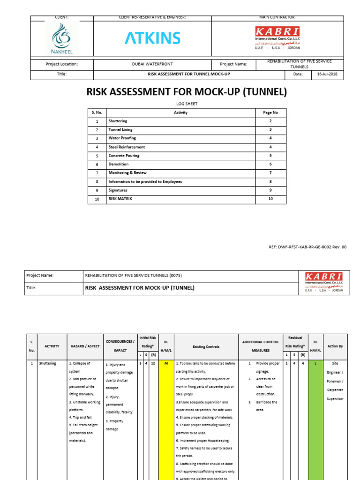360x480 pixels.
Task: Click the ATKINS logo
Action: coord(152,38)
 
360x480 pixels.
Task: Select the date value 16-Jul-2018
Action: coord(331,75)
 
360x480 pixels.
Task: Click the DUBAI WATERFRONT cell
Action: coord(152,64)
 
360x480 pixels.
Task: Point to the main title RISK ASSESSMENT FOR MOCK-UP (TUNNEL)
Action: coord(187,92)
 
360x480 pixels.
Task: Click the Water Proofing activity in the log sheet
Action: coord(122,138)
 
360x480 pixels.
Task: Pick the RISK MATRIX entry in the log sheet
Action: coord(120,199)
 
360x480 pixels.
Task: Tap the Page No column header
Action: coord(270,112)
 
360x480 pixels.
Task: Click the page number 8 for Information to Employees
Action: coord(270,181)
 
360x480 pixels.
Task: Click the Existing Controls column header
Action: coord(206,347)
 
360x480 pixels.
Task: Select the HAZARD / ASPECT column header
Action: coord(84,346)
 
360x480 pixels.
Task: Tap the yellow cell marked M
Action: coord(165,363)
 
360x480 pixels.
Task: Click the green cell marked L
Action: coord(315,363)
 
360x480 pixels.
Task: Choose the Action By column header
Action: coord(335,346)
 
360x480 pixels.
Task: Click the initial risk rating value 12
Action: coord(153,363)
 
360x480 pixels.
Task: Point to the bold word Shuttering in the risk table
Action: coord(47,363)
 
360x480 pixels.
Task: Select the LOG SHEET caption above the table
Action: coord(187,104)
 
